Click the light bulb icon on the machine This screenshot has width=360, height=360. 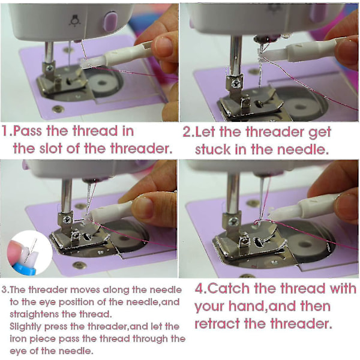(75, 21)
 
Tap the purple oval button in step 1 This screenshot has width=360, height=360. (110, 22)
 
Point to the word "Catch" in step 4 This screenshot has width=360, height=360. (228, 288)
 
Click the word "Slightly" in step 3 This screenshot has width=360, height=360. (25, 327)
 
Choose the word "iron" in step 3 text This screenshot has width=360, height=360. (18, 338)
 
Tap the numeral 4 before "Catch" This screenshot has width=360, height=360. (199, 289)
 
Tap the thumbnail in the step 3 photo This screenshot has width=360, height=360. (143, 208)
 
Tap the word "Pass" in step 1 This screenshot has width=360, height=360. (28, 131)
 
